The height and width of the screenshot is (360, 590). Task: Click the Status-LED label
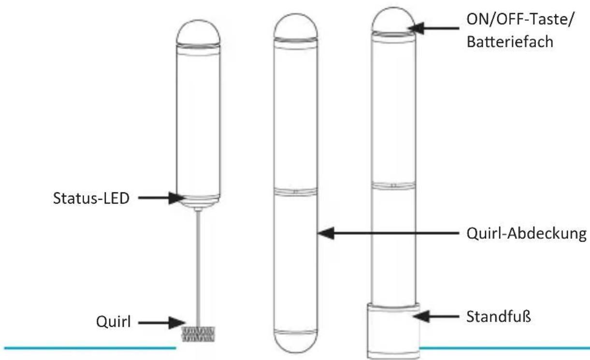[91, 198]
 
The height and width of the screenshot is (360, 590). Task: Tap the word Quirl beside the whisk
[114, 321]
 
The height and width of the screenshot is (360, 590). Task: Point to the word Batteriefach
[510, 42]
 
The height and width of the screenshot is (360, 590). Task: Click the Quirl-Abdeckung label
[527, 233]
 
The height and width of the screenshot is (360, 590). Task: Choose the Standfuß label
[499, 317]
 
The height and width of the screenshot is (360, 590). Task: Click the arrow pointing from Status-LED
[161, 198]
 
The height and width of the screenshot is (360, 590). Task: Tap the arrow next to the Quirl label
[161, 323]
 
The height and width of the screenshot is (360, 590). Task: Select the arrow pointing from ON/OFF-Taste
[434, 28]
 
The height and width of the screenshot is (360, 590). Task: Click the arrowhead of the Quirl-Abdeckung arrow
[326, 233]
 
